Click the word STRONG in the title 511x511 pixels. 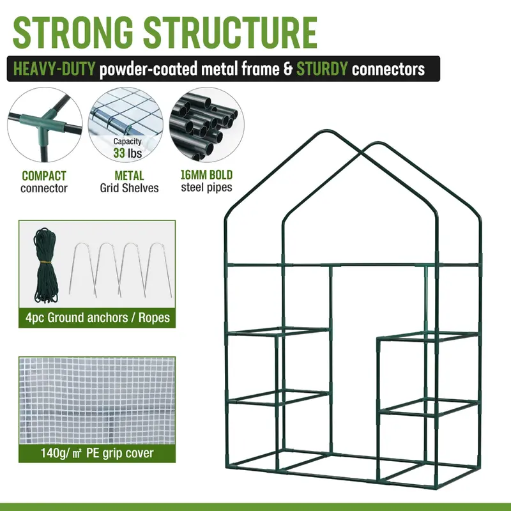(x=73, y=33)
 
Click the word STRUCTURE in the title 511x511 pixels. (x=230, y=33)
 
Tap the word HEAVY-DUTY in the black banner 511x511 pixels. (x=54, y=69)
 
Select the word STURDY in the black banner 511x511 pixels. (x=322, y=69)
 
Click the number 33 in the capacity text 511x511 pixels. (x=119, y=153)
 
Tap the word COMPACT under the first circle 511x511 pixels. (x=44, y=176)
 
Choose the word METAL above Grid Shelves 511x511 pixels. (x=129, y=176)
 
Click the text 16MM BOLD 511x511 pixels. (x=206, y=175)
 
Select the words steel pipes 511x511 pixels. (x=206, y=187)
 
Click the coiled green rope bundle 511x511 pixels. (x=45, y=266)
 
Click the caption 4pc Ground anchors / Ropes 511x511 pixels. (x=98, y=317)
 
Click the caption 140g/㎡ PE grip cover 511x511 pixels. (x=97, y=453)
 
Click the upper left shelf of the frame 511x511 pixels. (x=278, y=332)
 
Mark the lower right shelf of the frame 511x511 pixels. (x=429, y=407)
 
